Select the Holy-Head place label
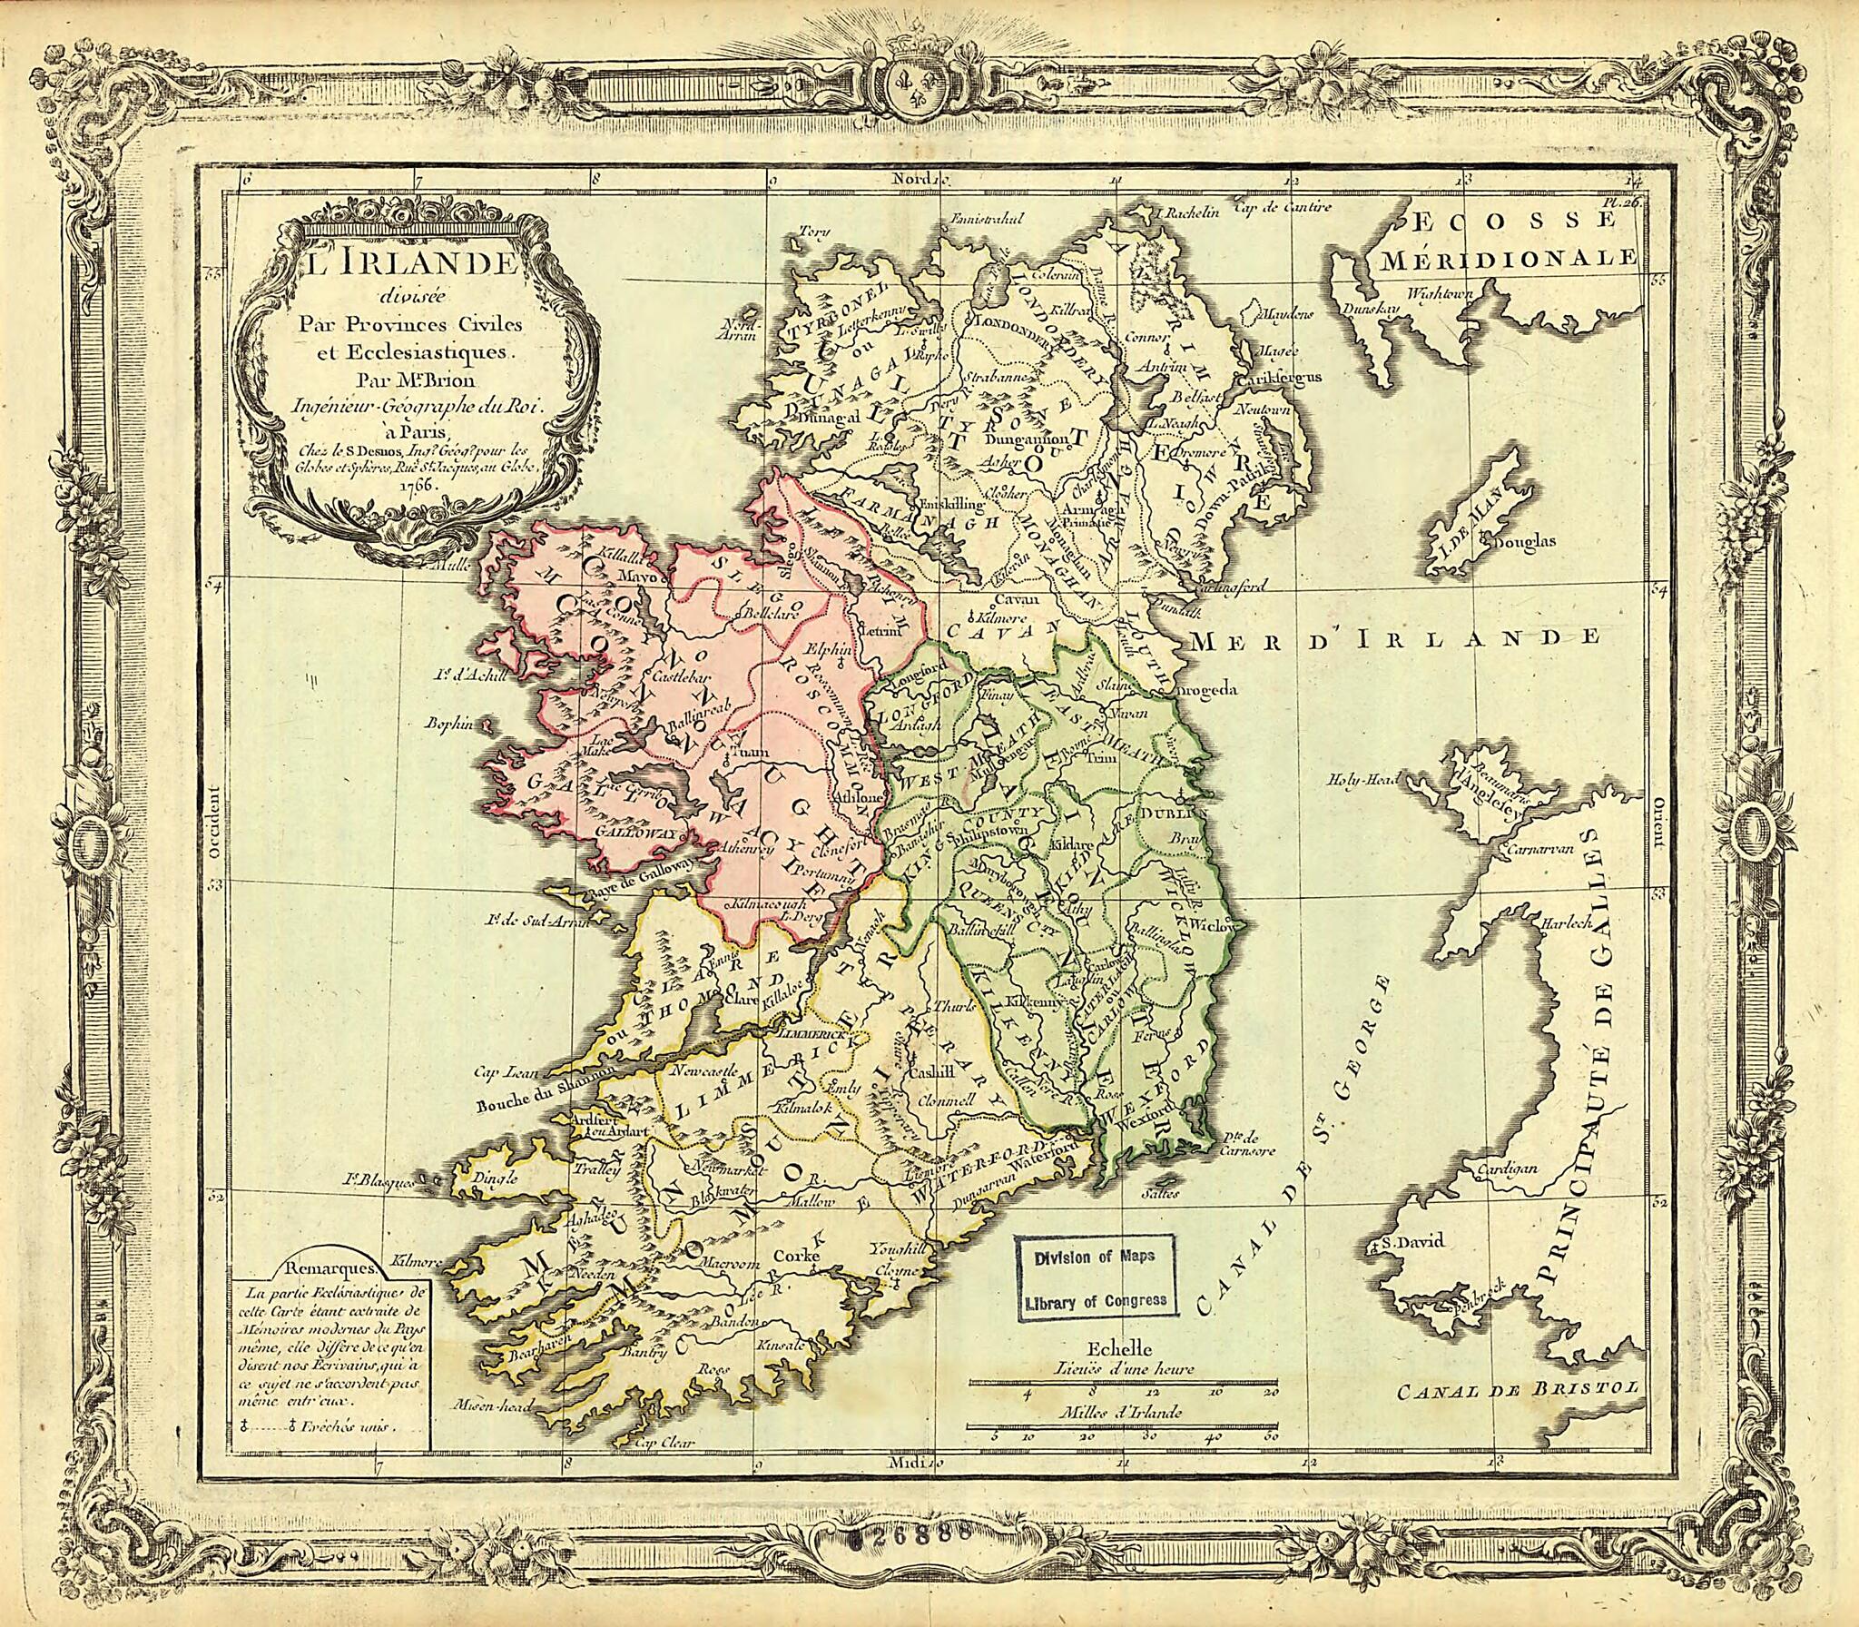[1362, 778]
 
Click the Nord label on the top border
[911, 180]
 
